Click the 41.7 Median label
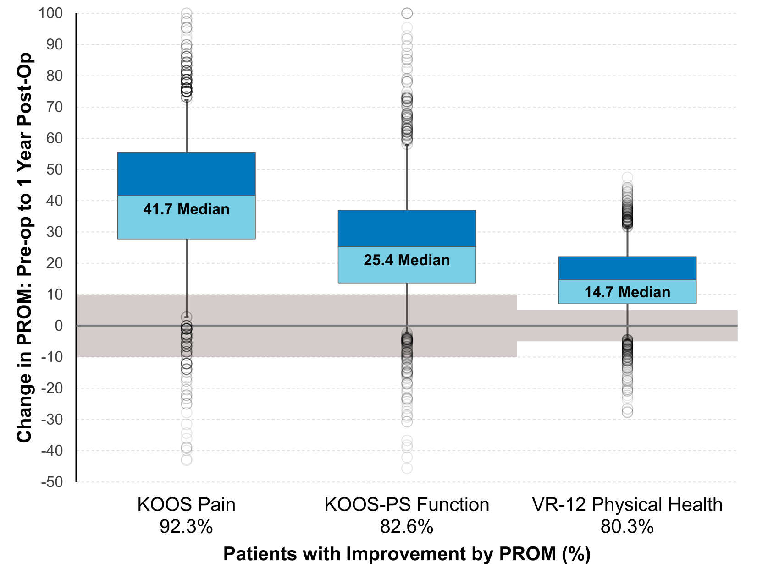[x=186, y=209]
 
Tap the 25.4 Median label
[x=407, y=260]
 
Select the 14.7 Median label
[x=627, y=292]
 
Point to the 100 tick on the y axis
[x=50, y=13]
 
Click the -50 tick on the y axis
[x=51, y=482]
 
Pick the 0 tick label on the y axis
[x=59, y=326]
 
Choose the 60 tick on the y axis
[x=54, y=138]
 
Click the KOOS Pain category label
[x=186, y=505]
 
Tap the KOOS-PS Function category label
[x=407, y=505]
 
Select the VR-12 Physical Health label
[x=627, y=505]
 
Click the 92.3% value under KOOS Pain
[x=186, y=527]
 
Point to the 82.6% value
[x=407, y=527]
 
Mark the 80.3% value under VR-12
[x=627, y=527]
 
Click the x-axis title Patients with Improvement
[x=407, y=554]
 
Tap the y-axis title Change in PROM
[x=25, y=247]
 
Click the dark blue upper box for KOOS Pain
[x=186, y=174]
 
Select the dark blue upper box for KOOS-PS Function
[x=407, y=228]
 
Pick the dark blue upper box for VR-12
[x=627, y=268]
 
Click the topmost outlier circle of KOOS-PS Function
[x=407, y=13]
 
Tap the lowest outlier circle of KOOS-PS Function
[x=407, y=468]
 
